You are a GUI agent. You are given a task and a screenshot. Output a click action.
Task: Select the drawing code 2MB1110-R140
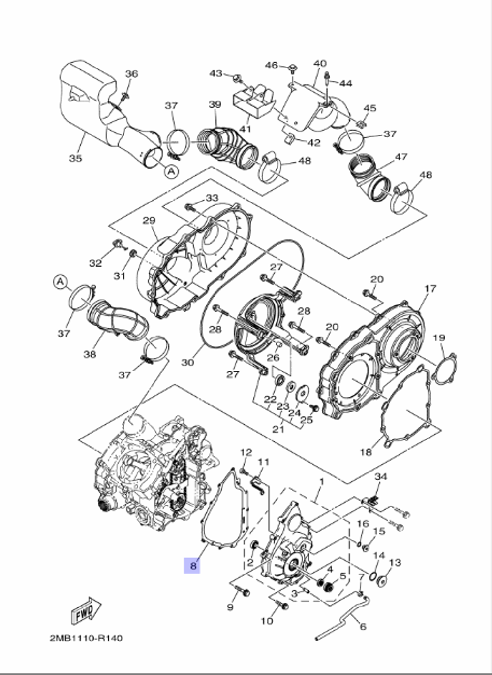[86, 638]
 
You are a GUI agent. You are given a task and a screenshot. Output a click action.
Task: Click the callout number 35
[75, 158]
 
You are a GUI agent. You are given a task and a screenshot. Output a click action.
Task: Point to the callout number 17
[430, 288]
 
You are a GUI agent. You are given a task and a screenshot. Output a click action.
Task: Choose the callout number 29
[149, 220]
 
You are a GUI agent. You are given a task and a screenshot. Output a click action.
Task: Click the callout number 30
[187, 362]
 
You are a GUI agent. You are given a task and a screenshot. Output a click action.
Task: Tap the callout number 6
[363, 627]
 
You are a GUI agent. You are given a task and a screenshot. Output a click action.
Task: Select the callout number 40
[320, 64]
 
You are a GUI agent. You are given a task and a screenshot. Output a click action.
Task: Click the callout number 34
[381, 476]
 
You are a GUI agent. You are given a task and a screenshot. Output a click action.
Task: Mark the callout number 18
[366, 452]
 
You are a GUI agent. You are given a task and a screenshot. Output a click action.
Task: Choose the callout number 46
[272, 65]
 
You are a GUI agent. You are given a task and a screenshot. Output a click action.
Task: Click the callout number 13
[395, 562]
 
